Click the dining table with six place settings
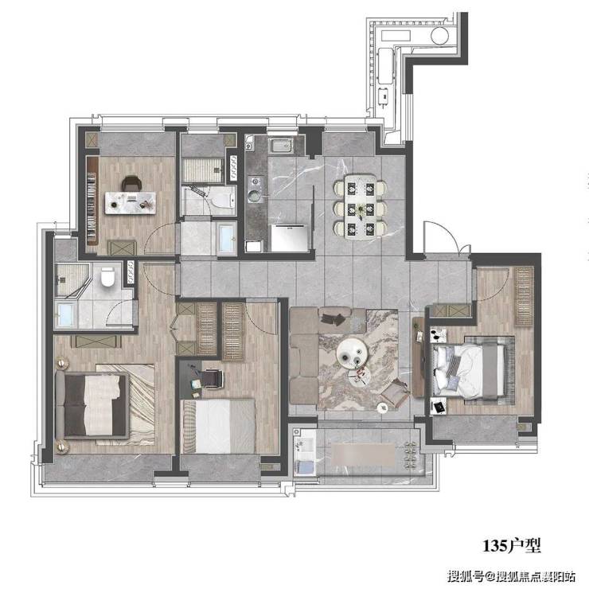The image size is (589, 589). tap(361, 206)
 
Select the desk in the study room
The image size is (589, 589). tap(131, 203)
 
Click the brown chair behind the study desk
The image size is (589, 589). tap(131, 183)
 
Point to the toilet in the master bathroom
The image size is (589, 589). tap(107, 276)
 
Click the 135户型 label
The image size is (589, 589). tap(512, 545)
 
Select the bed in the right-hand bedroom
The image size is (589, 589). tap(469, 371)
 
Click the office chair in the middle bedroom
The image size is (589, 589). tap(212, 377)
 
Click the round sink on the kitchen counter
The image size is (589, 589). tap(255, 196)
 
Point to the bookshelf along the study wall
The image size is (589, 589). tap(92, 201)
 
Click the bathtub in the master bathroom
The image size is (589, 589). tap(66, 314)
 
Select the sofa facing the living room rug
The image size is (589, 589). tap(303, 356)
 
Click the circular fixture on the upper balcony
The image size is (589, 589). tap(440, 36)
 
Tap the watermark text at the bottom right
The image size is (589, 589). tap(511, 575)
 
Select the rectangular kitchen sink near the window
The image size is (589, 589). tap(281, 146)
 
